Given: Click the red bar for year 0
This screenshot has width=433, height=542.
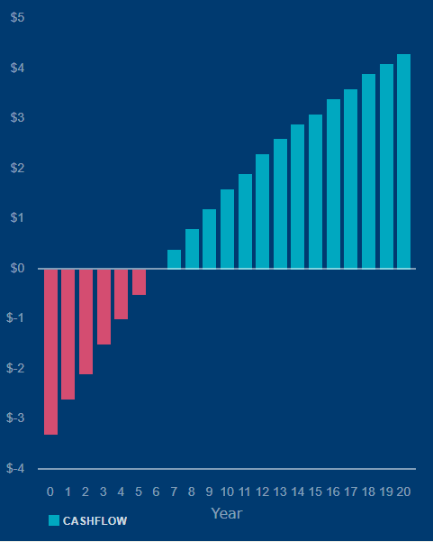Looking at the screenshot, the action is [50, 352].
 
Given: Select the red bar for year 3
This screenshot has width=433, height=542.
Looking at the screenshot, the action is [104, 307].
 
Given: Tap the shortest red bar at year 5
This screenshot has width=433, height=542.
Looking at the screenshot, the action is [139, 281].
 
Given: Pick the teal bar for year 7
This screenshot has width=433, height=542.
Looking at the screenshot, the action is [175, 259].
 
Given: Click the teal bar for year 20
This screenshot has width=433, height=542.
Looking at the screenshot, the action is [403, 161].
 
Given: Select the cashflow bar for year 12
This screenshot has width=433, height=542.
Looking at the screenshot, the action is [263, 211].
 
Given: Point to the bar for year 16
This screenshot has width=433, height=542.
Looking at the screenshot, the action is [334, 184].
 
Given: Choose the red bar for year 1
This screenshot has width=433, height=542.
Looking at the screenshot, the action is [68, 335].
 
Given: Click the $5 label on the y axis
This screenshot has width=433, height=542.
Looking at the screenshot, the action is [18, 17].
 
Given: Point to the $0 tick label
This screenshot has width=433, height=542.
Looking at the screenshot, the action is [18, 268].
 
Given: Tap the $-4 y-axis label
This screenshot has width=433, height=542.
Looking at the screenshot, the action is [15, 468].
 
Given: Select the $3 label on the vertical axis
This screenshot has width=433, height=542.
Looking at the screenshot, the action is [18, 117].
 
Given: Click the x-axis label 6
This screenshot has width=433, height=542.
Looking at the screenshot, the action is [157, 491].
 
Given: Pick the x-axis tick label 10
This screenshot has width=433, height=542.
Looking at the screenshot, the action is [227, 491].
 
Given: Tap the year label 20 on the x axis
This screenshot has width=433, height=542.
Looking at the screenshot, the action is [403, 491].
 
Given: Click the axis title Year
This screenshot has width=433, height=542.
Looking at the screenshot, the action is [227, 514].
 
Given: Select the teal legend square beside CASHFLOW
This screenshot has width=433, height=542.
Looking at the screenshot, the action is [54, 520].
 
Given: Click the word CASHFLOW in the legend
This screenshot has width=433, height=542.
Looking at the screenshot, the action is [95, 521].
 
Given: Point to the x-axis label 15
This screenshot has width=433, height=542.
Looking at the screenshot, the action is [315, 491].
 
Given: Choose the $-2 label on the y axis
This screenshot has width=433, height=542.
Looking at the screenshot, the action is [15, 368].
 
